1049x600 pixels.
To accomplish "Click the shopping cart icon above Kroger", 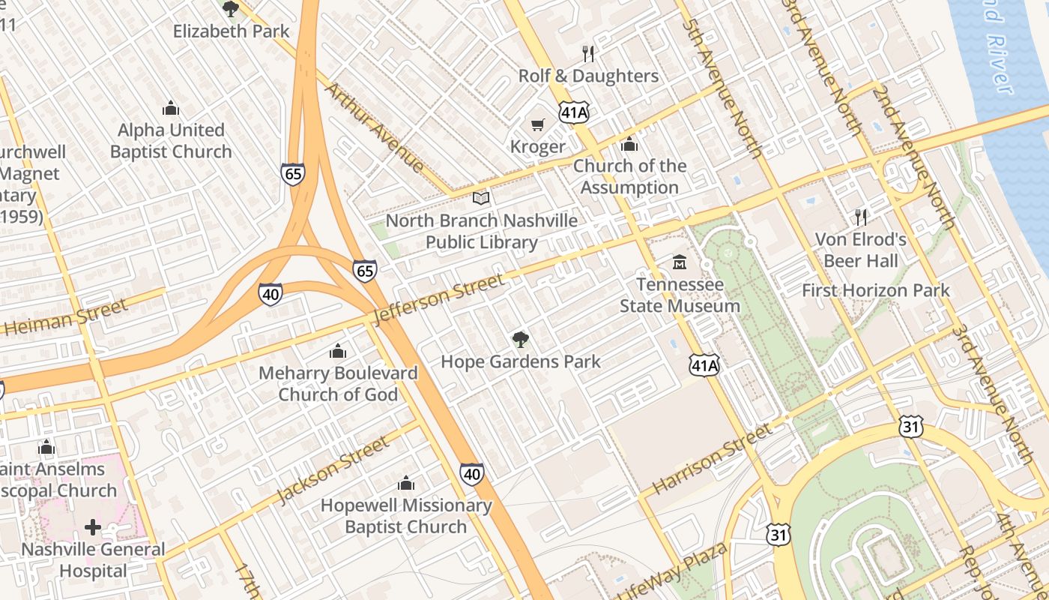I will (537, 124).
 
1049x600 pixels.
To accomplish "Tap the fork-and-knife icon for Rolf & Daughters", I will (588, 53).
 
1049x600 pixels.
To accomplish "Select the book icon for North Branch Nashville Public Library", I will (481, 199).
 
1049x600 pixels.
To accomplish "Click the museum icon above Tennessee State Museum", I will (680, 262).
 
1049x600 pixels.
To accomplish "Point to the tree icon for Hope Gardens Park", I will (520, 340).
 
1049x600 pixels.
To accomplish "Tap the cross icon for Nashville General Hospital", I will (93, 528).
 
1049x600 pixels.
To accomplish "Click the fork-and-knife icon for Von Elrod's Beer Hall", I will (862, 217).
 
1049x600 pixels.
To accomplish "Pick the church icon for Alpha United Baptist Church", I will (171, 108).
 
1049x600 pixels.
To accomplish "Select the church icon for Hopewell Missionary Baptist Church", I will (406, 483).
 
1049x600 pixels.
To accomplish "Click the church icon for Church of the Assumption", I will (629, 144).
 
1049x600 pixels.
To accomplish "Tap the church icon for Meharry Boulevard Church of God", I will (338, 351).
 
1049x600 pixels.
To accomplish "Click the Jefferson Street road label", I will (438, 298).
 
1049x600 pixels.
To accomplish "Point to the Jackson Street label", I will (333, 469).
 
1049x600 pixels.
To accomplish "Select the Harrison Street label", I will (712, 458).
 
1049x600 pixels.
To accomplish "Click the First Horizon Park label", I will (876, 290).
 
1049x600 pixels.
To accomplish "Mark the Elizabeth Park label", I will (231, 31).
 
